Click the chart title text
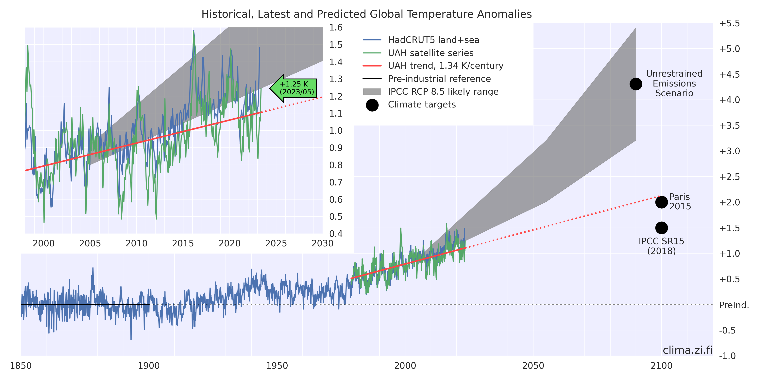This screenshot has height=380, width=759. [x=366, y=14]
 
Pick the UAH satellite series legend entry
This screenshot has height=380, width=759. [x=430, y=53]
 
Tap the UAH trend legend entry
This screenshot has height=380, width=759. [x=445, y=66]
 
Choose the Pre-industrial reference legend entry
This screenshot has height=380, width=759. [x=439, y=79]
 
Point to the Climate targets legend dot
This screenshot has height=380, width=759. [x=372, y=105]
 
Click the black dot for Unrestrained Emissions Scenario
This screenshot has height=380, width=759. [x=636, y=84]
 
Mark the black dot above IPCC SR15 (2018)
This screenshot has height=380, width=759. [x=662, y=228]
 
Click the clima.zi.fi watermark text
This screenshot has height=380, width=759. [x=687, y=350]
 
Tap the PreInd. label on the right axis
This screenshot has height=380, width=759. [x=734, y=305]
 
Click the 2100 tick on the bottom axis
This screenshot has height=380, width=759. [x=662, y=366]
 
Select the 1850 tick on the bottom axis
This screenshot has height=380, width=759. [x=21, y=366]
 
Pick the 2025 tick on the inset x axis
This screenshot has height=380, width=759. [x=276, y=243]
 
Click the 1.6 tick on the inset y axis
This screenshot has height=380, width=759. [x=336, y=28]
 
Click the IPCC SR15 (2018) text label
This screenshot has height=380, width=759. [x=662, y=246]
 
